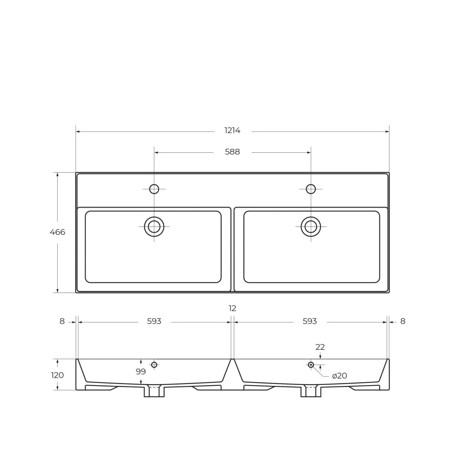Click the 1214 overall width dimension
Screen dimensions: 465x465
tap(232, 131)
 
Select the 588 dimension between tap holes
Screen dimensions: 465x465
tap(232, 152)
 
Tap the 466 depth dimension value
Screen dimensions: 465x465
tap(58, 232)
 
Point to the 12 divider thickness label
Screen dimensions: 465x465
tap(232, 308)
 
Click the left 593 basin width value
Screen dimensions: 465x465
tap(154, 322)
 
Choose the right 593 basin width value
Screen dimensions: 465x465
tap(310, 322)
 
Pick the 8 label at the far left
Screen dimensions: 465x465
tap(62, 322)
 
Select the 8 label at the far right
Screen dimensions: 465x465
tap(403, 322)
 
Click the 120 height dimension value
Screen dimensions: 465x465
tap(58, 375)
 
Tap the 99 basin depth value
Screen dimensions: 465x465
tap(141, 372)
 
